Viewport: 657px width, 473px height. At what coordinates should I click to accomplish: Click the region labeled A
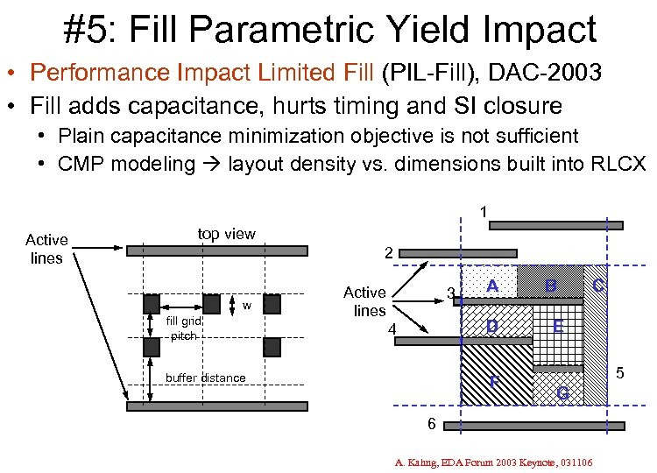click(x=492, y=286)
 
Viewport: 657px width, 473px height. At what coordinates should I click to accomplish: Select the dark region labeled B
click(x=549, y=282)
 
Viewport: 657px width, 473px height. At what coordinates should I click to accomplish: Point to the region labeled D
click(x=493, y=327)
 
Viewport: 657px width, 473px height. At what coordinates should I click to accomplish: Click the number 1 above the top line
click(x=483, y=211)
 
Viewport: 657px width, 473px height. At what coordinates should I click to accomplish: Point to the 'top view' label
click(x=226, y=233)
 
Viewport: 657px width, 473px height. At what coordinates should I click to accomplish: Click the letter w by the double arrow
click(x=248, y=306)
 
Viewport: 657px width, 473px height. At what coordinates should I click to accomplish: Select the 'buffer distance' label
click(x=205, y=378)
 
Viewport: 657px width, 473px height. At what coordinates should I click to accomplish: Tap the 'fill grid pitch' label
click(x=184, y=328)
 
